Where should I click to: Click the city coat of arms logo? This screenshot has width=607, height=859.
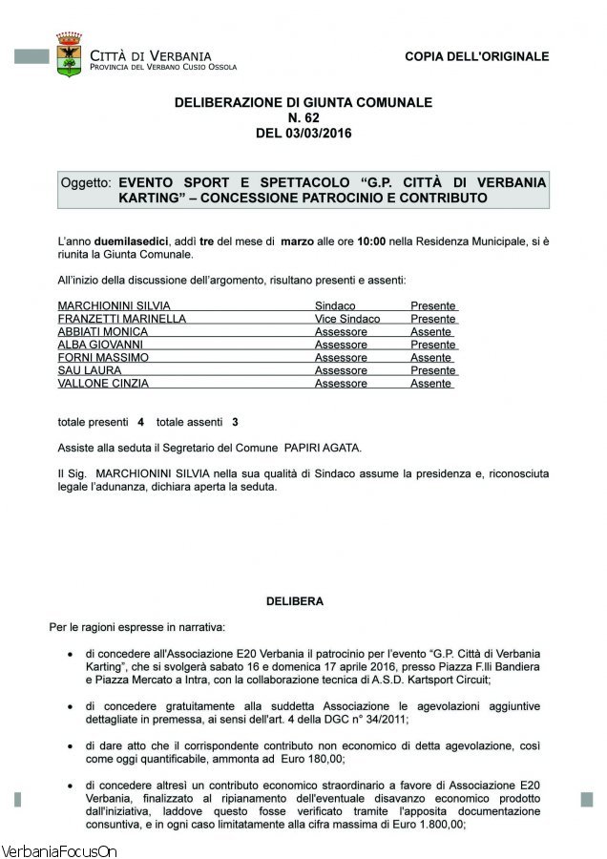tap(69, 54)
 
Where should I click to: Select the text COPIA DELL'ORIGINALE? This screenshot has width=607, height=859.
tap(476, 56)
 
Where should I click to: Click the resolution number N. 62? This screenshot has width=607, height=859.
tap(303, 117)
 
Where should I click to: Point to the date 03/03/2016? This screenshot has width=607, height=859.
tap(318, 133)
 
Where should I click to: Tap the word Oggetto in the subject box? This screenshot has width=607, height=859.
tap(86, 181)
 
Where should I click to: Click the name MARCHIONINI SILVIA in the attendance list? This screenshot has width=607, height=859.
tap(103, 306)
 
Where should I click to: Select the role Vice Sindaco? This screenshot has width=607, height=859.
tap(347, 319)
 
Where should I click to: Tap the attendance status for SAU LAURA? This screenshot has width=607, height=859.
tap(433, 370)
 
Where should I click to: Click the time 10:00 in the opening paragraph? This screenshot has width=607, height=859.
tap(371, 242)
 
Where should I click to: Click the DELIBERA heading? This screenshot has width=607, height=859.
tap(294, 601)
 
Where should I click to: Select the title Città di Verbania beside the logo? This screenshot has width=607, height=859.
tap(151, 56)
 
